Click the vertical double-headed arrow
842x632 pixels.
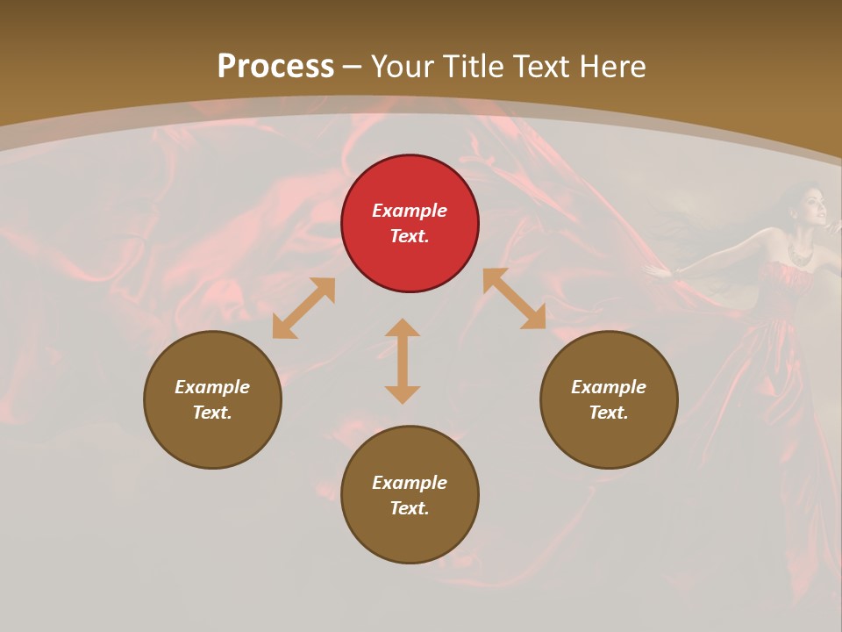403,361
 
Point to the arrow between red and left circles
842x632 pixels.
303,308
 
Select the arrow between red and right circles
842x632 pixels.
514,298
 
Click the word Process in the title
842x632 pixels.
275,67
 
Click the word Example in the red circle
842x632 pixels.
410,211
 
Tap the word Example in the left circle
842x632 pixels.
212,387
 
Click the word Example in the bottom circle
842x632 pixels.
410,483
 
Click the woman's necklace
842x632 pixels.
800,254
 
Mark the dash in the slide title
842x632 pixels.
353,67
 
